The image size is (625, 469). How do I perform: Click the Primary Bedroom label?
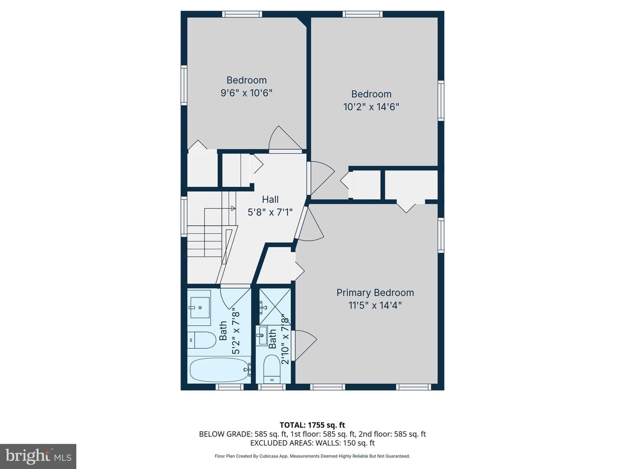click(x=375, y=293)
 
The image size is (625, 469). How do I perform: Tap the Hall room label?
click(x=270, y=199)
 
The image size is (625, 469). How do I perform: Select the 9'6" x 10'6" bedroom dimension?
click(x=247, y=93)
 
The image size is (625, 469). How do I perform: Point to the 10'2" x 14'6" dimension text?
click(x=371, y=107)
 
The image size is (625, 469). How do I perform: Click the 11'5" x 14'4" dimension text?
click(x=375, y=306)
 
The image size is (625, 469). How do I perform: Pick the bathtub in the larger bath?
click(x=219, y=370)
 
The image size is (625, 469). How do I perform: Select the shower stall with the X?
click(x=275, y=307)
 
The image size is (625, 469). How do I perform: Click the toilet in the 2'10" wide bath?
click(x=272, y=369)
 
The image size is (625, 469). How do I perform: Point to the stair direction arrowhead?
click(x=233, y=208)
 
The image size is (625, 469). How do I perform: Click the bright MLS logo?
click(x=38, y=456)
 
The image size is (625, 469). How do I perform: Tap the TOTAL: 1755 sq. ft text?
click(x=312, y=425)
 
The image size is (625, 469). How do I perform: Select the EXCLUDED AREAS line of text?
click(x=312, y=443)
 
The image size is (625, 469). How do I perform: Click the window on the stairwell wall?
click(x=184, y=217)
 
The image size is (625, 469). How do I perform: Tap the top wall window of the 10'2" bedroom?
click(x=362, y=14)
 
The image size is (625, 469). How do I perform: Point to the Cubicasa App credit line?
click(x=312, y=456)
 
